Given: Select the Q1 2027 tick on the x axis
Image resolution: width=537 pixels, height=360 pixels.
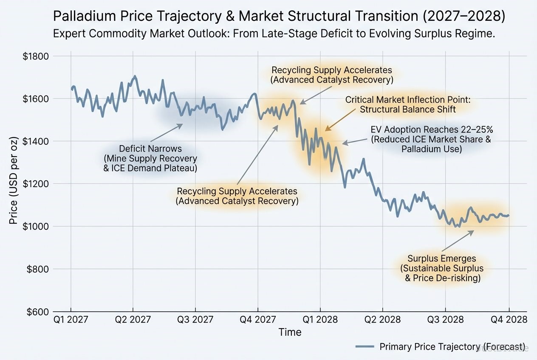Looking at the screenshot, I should pos(71,319).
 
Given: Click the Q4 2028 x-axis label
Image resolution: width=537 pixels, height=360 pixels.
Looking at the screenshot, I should pos(509,319).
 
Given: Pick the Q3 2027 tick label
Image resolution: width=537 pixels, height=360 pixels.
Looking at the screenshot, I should pos(195,319).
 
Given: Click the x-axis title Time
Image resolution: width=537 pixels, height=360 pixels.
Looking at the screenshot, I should pos(290,332).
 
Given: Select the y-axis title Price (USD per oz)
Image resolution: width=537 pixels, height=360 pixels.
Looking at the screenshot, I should pos(14,183).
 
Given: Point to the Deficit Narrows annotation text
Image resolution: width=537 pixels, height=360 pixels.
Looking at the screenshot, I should pos(150,158).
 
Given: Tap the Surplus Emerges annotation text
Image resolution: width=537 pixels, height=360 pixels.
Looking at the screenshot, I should pos(442,268).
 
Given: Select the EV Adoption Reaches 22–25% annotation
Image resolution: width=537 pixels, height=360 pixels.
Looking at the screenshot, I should pos(431,139).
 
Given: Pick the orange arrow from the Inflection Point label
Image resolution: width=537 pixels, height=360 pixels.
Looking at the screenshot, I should pos(341,118).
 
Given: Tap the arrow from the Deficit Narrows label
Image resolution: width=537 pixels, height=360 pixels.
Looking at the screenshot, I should pos(166,133).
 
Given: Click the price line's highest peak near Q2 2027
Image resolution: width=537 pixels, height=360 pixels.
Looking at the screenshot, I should pos(135,76).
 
